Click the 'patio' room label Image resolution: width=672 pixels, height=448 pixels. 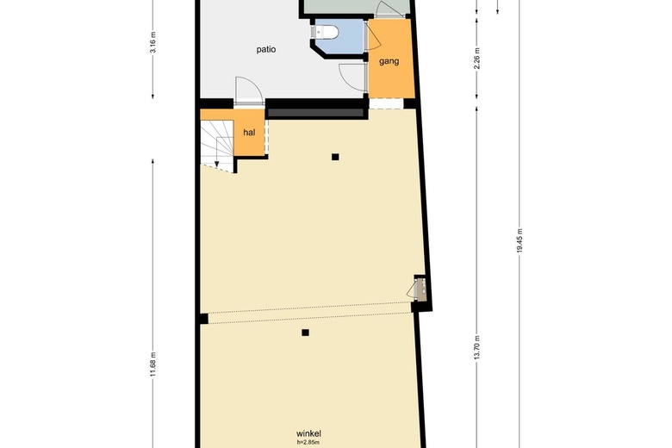coord(266,49)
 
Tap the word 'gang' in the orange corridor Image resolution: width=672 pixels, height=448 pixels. coord(389,61)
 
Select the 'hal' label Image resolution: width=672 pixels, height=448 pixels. coord(250,133)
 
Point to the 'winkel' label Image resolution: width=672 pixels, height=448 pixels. coord(309,433)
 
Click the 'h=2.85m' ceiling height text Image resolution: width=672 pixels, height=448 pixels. coord(309,442)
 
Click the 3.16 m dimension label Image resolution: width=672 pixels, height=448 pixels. coord(153,44)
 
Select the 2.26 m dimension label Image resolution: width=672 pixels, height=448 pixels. coord(476,57)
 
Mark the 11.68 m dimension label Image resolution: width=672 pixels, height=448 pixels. coord(153,364)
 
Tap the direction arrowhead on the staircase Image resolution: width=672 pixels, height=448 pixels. coord(218,162)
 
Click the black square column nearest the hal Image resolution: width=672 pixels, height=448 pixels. coord(335,157)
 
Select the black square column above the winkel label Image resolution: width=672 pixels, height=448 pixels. coord(305,332)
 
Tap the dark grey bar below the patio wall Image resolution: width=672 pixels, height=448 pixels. coord(315,113)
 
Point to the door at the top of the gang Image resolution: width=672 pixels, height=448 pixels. coord(390,10)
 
